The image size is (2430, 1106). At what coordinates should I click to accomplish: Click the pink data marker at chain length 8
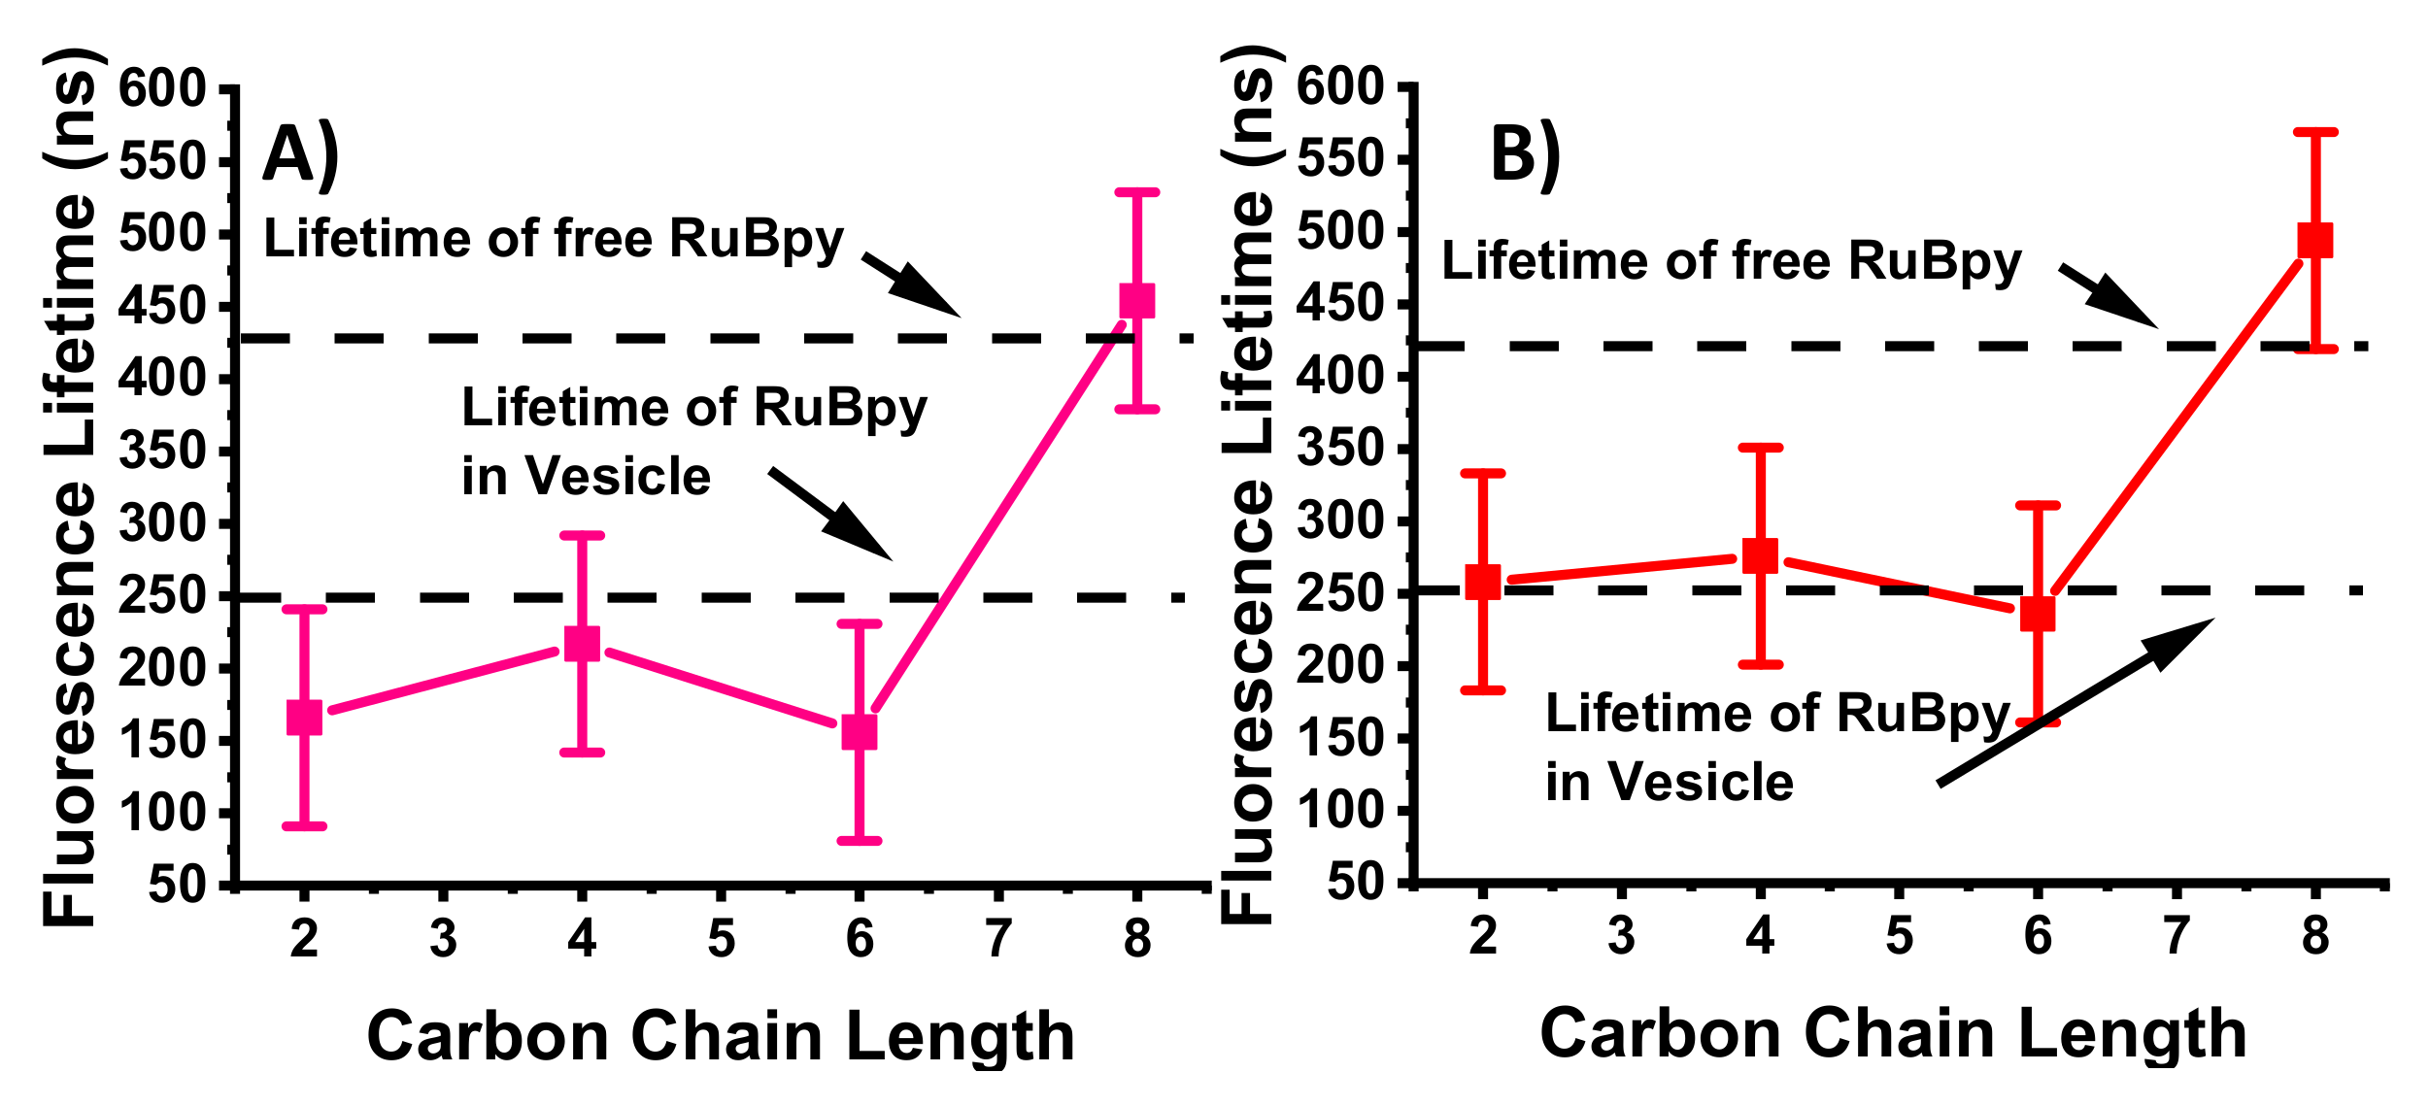click(x=1136, y=301)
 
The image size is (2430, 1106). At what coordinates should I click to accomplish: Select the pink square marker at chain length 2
click(x=304, y=718)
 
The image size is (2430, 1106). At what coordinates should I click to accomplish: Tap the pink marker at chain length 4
click(x=582, y=643)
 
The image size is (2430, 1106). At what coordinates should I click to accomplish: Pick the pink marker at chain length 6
click(x=859, y=731)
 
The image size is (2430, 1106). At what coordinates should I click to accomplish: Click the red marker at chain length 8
click(x=2314, y=240)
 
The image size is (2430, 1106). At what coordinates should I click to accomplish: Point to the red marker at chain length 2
click(x=1482, y=582)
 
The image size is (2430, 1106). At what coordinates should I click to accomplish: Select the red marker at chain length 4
click(x=1760, y=556)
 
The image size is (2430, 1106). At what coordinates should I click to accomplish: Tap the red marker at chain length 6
click(x=2037, y=614)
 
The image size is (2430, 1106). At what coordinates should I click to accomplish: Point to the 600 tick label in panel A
click(x=162, y=90)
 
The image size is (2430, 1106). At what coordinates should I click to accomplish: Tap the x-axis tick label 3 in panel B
click(x=1621, y=937)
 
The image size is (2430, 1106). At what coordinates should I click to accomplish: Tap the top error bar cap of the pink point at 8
click(x=1136, y=192)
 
